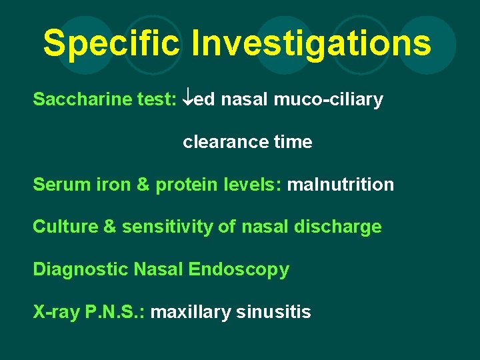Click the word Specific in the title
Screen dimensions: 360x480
112,43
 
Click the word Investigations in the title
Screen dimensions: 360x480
311,43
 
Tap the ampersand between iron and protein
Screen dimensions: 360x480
143,185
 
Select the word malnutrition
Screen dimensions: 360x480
340,185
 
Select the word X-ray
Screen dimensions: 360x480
57,312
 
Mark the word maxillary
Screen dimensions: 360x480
191,312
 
